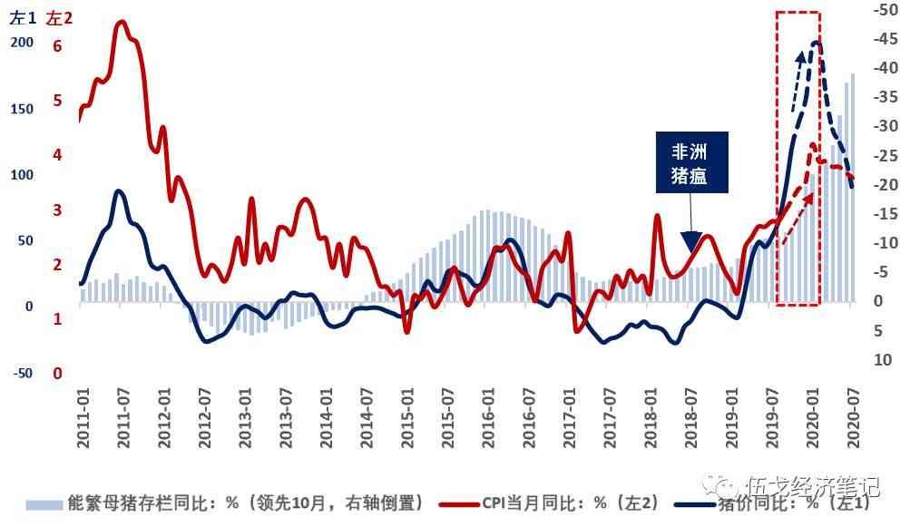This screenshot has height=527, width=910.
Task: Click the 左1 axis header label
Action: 22,17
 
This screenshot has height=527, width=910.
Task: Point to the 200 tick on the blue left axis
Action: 22,43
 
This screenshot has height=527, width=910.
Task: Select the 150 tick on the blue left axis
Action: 22,109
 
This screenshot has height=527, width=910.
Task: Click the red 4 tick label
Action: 57,155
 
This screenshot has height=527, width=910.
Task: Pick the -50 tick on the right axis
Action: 883,10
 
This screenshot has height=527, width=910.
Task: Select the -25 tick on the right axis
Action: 883,156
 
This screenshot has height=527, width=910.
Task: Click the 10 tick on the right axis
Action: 882,361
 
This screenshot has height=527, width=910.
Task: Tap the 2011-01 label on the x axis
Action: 83,416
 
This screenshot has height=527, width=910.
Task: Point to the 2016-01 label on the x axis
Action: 488,416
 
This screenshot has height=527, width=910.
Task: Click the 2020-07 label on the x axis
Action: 853,416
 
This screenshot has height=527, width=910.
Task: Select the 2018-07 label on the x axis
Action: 691,416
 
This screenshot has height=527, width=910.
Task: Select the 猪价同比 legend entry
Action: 771,503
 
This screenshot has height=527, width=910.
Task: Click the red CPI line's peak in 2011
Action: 122,22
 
